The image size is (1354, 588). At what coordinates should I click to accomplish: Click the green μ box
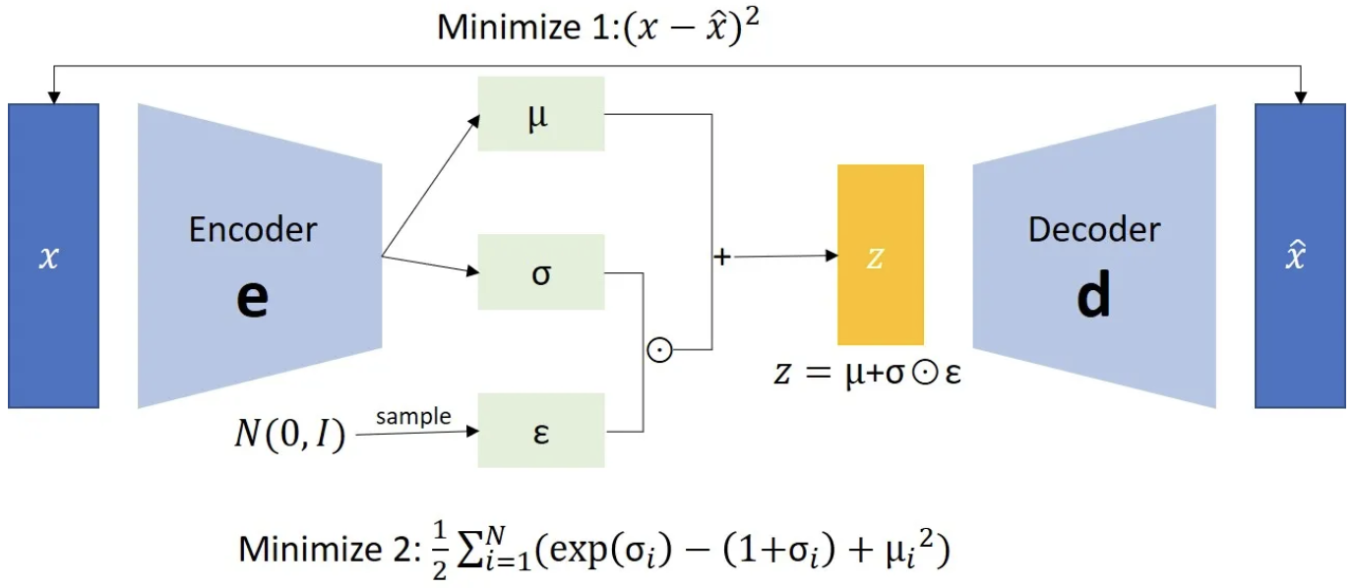(540, 112)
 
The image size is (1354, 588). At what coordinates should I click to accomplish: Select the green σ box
(540, 271)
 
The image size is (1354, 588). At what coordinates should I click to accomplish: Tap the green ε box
(540, 431)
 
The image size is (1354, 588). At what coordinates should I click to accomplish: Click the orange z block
(880, 255)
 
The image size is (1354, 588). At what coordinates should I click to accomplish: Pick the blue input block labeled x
(53, 256)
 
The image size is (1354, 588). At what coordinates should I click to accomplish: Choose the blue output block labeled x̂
(1299, 256)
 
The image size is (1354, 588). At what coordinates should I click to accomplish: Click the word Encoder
(253, 229)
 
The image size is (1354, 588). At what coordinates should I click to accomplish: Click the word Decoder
(1094, 229)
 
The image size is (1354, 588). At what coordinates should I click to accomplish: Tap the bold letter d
(1093, 295)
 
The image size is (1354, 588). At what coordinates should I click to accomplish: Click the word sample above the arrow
(413, 416)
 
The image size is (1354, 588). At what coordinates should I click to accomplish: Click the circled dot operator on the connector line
(659, 350)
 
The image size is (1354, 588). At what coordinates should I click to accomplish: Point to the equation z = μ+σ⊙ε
(866, 375)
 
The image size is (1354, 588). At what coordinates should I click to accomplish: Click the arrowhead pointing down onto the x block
(54, 97)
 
